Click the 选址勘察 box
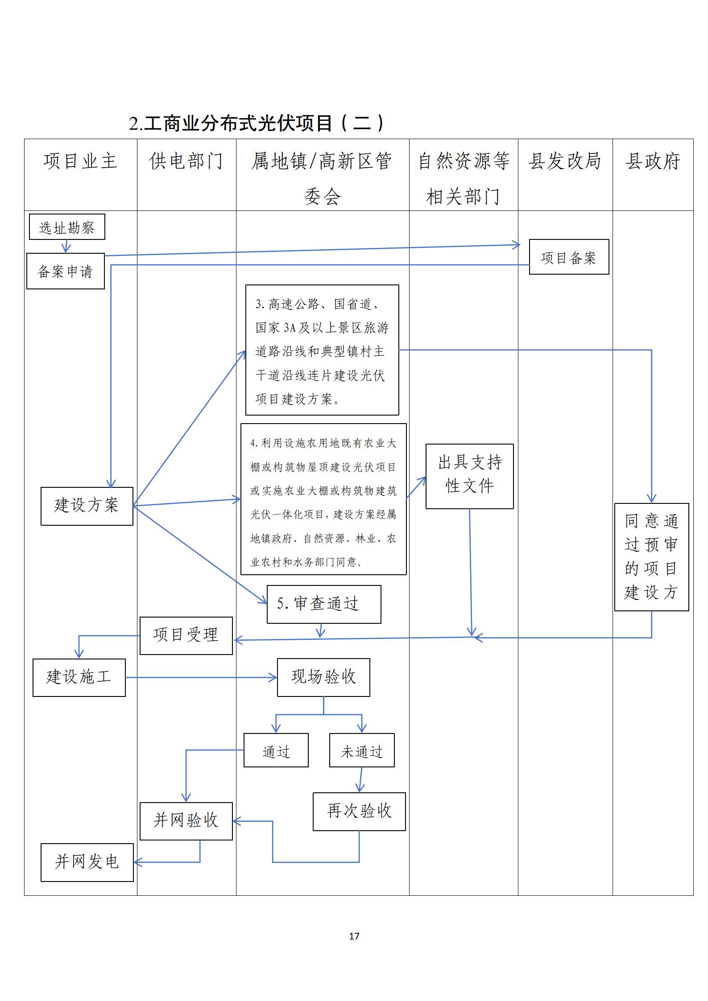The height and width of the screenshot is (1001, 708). (x=67, y=227)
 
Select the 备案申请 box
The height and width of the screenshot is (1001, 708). (x=66, y=271)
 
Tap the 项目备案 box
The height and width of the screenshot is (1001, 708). (x=569, y=257)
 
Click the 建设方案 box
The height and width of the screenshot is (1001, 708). (x=87, y=506)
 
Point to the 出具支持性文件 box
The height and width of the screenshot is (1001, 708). (x=469, y=476)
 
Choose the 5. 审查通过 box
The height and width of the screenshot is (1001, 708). (x=324, y=604)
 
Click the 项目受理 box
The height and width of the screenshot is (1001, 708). (x=186, y=635)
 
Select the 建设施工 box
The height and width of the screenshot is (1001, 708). (x=79, y=677)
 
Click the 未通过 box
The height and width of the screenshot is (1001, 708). (x=362, y=752)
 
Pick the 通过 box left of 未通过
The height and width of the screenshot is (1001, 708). (x=276, y=752)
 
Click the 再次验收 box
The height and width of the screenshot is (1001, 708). (x=359, y=811)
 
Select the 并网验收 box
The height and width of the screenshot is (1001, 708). (x=186, y=821)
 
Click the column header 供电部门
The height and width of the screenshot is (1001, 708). (x=186, y=161)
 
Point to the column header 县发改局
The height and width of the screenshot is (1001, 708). (x=565, y=161)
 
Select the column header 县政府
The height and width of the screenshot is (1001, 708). (x=653, y=161)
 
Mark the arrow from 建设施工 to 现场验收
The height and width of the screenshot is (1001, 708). (x=201, y=678)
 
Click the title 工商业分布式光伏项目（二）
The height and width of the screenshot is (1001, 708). (x=257, y=124)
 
